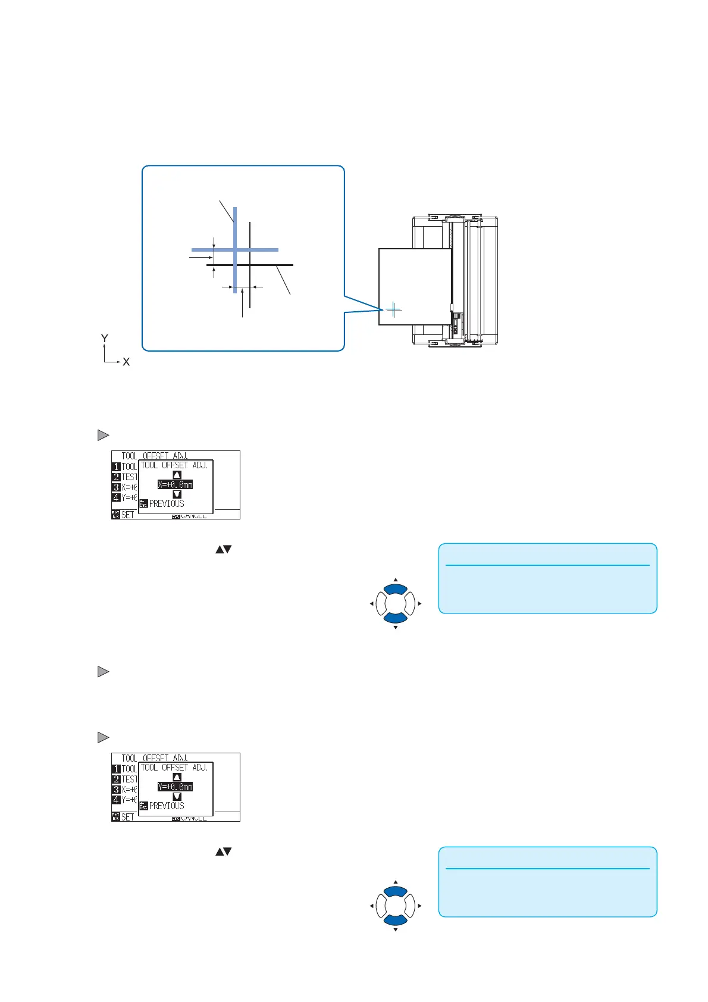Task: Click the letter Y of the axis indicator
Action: (x=105, y=339)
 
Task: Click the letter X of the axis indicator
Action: (x=126, y=362)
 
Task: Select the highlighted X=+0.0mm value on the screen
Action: (x=175, y=484)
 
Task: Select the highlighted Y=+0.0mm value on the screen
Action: (x=175, y=787)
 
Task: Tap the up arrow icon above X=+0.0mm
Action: (x=177, y=475)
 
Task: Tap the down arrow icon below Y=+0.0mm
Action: (x=177, y=797)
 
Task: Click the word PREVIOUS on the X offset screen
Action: (x=167, y=503)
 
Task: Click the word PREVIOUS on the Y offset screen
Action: (x=167, y=806)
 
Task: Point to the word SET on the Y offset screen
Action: (x=128, y=817)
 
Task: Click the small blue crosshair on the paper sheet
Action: (x=393, y=309)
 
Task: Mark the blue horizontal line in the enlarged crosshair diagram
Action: (x=262, y=250)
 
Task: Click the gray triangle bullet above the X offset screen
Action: (x=103, y=436)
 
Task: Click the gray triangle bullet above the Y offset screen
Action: (x=103, y=738)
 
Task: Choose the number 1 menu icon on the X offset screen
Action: (x=117, y=467)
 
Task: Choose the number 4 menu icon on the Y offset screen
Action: (x=117, y=800)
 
